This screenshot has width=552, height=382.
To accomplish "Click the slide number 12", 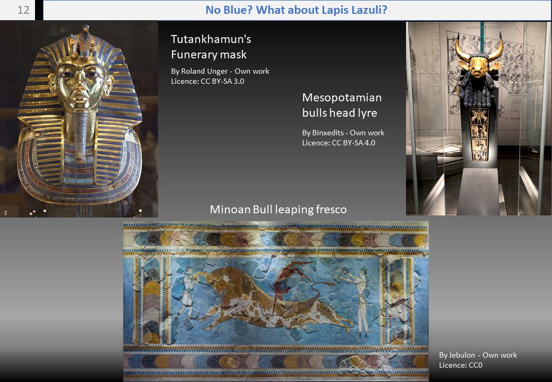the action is [x=23, y=10].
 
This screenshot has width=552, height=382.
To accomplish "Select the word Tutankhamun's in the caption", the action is [x=211, y=39].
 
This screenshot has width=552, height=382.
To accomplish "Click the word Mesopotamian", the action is [x=342, y=98].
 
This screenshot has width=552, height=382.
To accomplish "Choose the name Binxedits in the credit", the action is [x=328, y=133].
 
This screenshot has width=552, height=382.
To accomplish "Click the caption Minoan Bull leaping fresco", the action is [x=278, y=209].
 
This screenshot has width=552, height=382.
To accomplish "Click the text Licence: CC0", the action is [x=461, y=365].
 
